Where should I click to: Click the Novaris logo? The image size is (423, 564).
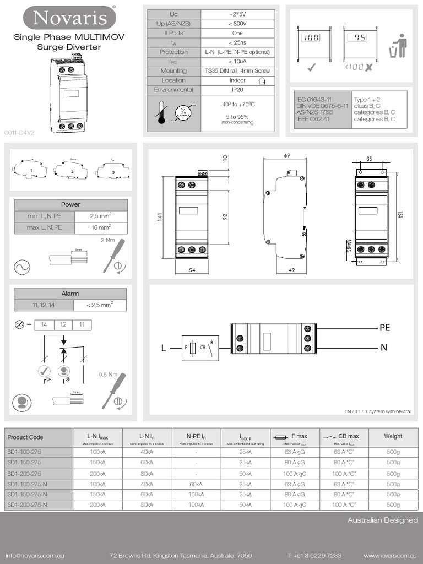tap(69, 18)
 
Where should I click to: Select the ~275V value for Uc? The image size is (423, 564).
tap(237, 14)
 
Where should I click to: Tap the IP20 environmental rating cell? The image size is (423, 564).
tap(237, 89)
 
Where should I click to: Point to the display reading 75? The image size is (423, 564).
tap(360, 39)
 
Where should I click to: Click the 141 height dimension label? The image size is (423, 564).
tap(159, 219)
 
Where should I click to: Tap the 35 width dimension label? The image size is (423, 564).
tap(368, 159)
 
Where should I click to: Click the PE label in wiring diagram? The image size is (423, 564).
tap(384, 328)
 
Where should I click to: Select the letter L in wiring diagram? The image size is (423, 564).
tap(163, 348)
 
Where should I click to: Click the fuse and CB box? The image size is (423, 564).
tap(197, 348)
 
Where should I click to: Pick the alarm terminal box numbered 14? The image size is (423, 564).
tap(45, 325)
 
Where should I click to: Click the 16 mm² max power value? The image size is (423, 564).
tap(100, 227)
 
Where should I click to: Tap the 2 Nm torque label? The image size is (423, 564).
tap(108, 240)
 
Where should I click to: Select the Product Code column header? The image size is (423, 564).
tap(25, 437)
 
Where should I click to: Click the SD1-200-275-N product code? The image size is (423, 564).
tap(27, 505)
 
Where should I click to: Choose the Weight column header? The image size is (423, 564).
tap(393, 436)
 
